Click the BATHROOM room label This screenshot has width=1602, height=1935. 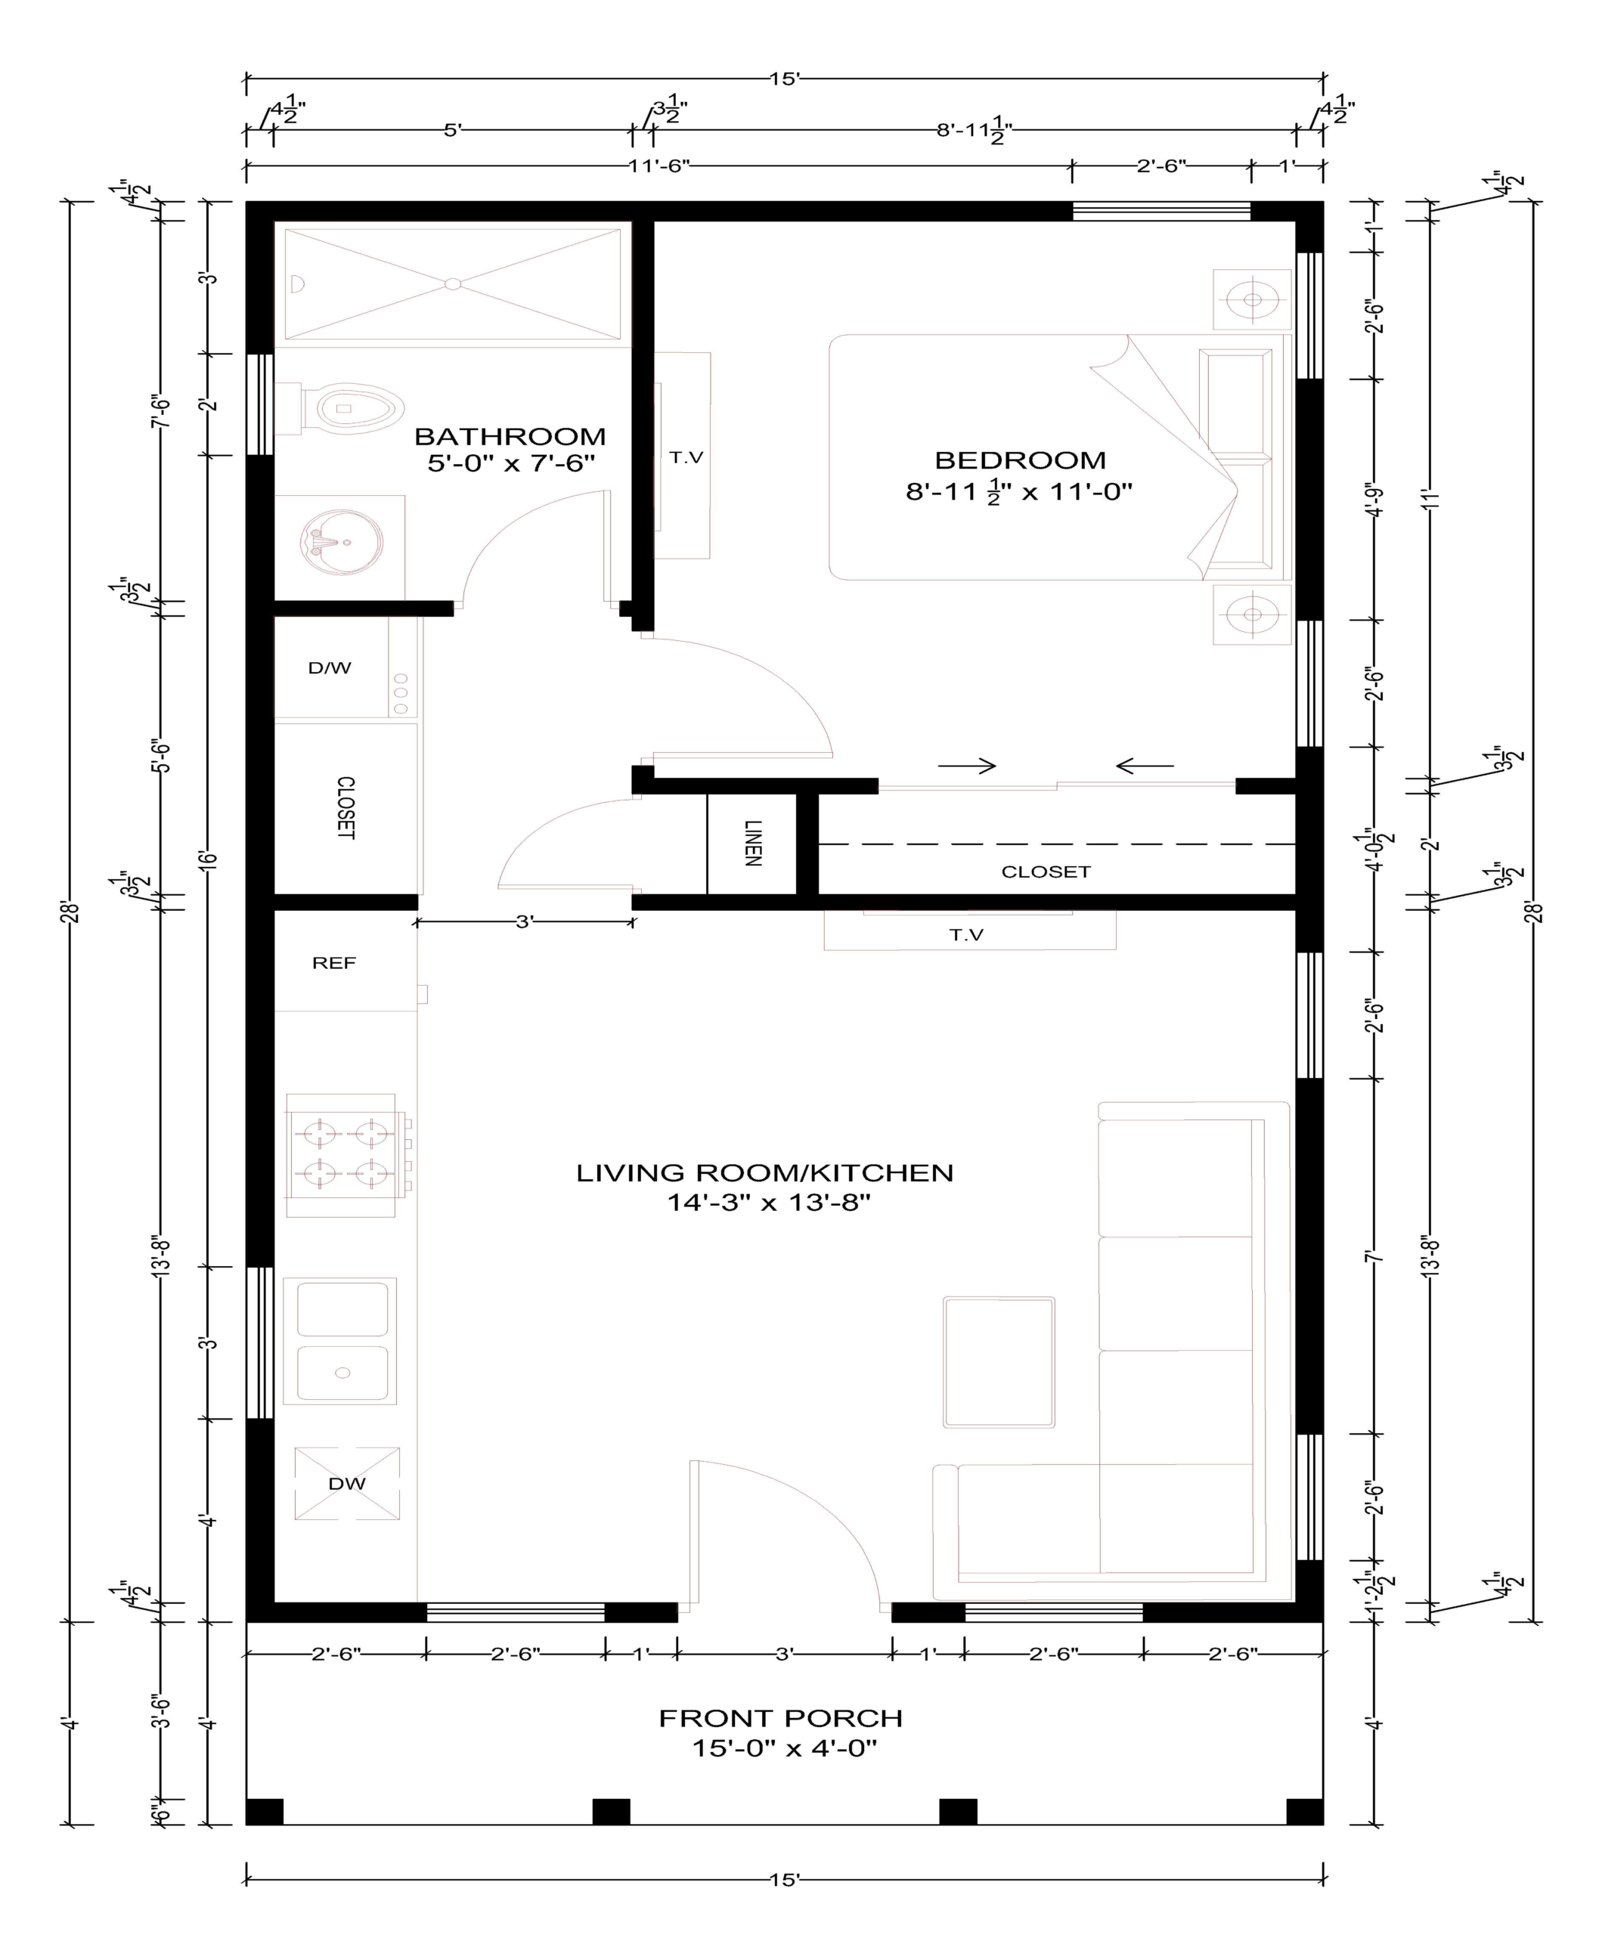pyautogui.click(x=510, y=436)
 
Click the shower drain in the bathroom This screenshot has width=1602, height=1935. pyautogui.click(x=453, y=283)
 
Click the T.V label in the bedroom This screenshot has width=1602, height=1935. pyautogui.click(x=686, y=457)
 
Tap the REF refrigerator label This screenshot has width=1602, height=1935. pyautogui.click(x=333, y=963)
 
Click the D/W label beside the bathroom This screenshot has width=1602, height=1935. pyautogui.click(x=329, y=668)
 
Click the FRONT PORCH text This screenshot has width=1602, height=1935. pyautogui.click(x=779, y=1719)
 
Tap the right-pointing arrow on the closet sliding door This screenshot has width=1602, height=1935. pyautogui.click(x=967, y=766)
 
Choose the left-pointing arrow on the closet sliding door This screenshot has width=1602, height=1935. pyautogui.click(x=1145, y=766)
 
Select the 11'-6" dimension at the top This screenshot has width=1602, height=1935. pyautogui.click(x=659, y=166)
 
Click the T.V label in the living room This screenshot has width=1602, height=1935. pyautogui.click(x=966, y=935)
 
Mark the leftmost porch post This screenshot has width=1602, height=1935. pyautogui.click(x=265, y=1812)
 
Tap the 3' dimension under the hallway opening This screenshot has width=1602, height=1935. pyautogui.click(x=524, y=921)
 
